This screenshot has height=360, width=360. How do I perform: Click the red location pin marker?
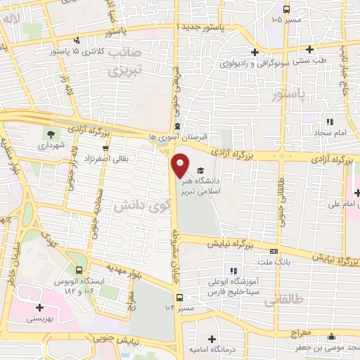181,165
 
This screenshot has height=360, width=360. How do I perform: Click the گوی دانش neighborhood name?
142,208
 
